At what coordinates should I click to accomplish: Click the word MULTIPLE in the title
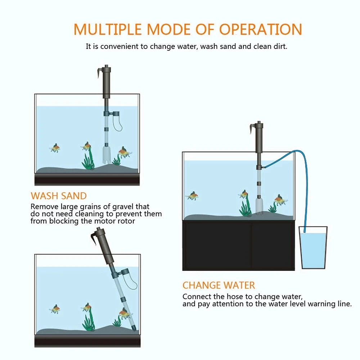(x=107, y=29)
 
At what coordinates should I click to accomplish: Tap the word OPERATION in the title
(x=261, y=29)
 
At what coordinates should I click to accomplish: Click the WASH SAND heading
(x=59, y=196)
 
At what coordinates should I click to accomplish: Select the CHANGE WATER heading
(x=219, y=285)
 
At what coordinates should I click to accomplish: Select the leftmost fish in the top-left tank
(x=55, y=148)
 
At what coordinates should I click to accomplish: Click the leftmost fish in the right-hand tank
(x=193, y=196)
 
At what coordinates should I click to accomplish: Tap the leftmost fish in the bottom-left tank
(x=55, y=309)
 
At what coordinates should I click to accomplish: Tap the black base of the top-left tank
(x=87, y=179)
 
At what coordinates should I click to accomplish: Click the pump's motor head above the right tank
(x=258, y=137)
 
